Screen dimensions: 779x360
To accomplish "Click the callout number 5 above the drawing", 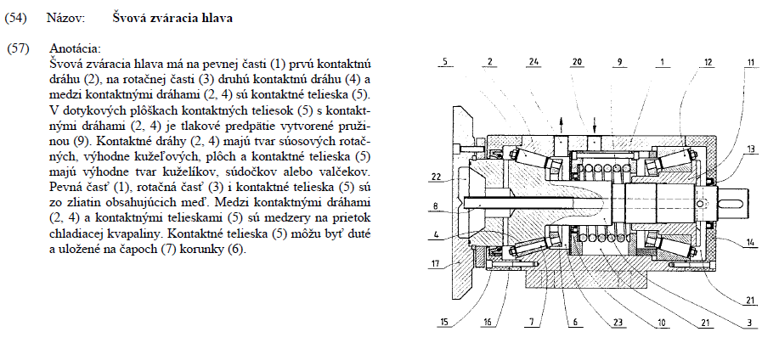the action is click(x=445, y=62).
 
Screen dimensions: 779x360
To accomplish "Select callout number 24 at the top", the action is click(x=534, y=62).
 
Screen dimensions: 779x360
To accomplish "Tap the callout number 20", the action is click(x=577, y=62).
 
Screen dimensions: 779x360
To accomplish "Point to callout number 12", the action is click(x=708, y=62).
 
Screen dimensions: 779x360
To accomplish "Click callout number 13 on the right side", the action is click(x=751, y=149).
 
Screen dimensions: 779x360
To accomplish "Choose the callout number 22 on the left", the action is click(x=436, y=177).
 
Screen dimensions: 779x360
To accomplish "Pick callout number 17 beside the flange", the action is click(x=435, y=264).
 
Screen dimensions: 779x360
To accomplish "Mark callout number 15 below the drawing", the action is click(x=444, y=323).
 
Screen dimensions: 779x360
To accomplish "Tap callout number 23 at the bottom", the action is click(x=618, y=323).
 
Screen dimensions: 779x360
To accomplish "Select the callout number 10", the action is click(x=661, y=323).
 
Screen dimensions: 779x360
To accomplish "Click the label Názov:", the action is click(x=66, y=19).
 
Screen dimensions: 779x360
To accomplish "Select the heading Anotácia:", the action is click(x=75, y=49).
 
